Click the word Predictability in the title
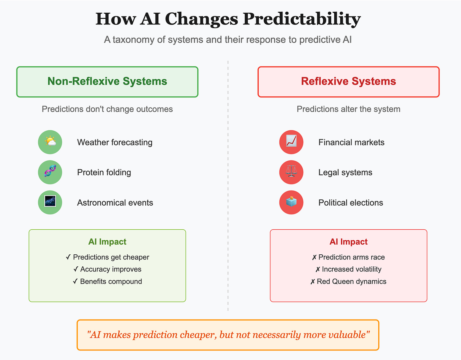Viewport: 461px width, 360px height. point(302,19)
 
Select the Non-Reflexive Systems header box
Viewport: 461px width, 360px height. point(107,82)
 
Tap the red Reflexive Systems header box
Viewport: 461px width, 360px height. point(349,82)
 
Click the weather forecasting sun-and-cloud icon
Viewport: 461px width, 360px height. point(50,142)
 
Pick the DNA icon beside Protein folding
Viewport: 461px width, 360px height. point(50,172)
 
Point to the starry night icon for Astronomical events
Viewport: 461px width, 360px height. point(50,202)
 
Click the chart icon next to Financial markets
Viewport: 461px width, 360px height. point(291,142)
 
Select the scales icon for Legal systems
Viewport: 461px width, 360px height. point(291,172)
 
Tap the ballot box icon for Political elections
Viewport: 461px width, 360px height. point(291,202)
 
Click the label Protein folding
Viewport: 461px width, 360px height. point(104,172)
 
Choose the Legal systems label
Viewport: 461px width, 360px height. point(345,172)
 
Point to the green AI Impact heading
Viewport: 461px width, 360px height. point(107,242)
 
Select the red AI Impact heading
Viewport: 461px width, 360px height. point(349,242)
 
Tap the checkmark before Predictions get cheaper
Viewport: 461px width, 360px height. point(68,257)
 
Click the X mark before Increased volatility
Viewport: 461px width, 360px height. point(318,270)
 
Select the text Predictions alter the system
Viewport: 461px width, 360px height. point(348,109)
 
